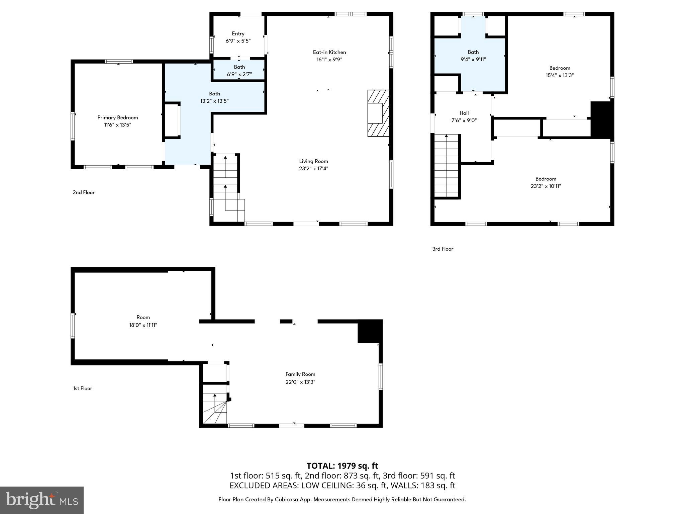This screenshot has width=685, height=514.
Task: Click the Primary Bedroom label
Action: (x=117, y=117)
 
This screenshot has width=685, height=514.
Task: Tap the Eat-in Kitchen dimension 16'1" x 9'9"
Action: (x=329, y=60)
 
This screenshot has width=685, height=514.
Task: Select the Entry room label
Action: (x=238, y=33)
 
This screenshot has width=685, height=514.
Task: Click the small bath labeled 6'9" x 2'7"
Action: (x=239, y=71)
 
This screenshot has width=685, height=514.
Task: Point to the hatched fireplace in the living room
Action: (x=378, y=113)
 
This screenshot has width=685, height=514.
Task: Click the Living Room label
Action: (x=313, y=161)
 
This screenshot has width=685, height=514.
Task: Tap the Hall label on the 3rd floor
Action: (x=464, y=113)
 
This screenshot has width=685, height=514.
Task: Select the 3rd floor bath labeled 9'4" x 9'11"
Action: (x=473, y=56)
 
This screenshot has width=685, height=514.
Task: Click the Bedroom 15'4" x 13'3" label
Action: (x=560, y=68)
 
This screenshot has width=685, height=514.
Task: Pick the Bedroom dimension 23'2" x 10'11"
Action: (x=546, y=186)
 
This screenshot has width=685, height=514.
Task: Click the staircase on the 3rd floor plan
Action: (x=447, y=166)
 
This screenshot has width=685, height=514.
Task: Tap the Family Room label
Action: (x=300, y=374)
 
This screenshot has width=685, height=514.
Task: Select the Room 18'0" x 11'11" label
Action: (x=143, y=317)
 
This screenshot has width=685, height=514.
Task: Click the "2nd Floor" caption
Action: (x=84, y=192)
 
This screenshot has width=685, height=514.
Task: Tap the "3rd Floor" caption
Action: (x=443, y=249)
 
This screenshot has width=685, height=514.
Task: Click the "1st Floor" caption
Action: (x=83, y=389)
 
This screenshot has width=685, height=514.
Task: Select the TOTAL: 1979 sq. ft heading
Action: (x=342, y=466)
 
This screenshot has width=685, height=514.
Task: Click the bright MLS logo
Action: (x=42, y=500)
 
